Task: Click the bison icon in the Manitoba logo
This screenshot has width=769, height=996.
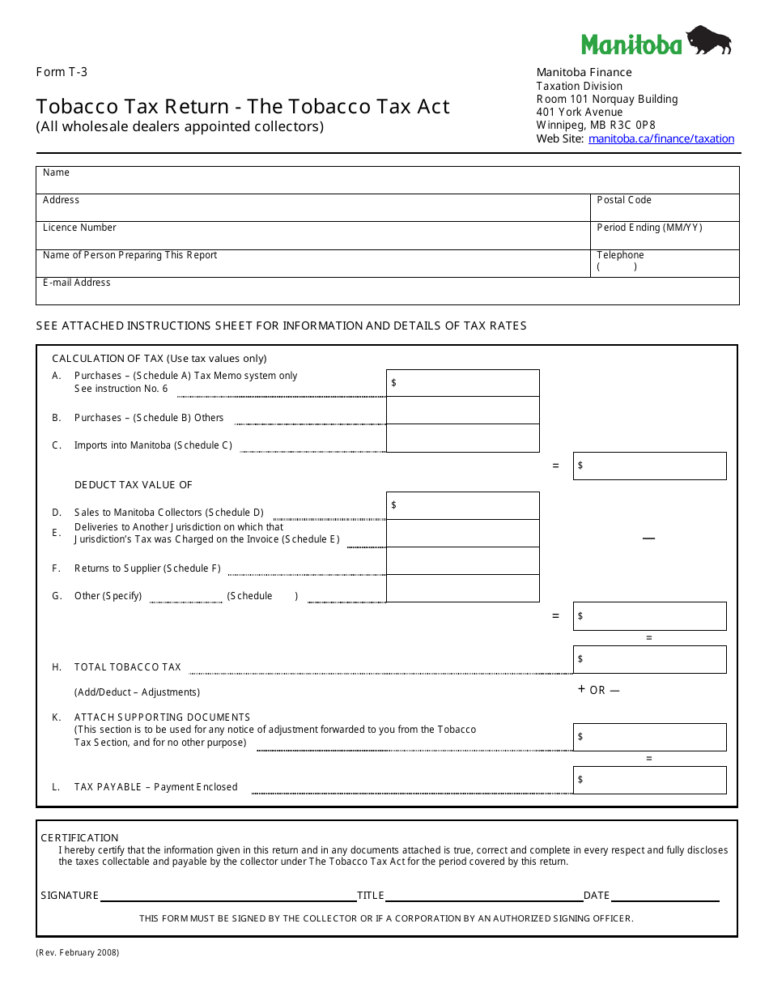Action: pyautogui.click(x=709, y=40)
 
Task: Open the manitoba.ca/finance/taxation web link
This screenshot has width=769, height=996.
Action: pyautogui.click(x=661, y=138)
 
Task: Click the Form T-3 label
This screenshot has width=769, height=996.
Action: pyautogui.click(x=62, y=72)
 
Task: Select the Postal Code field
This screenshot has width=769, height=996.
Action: pyautogui.click(x=665, y=208)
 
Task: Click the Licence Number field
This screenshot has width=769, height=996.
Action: pyautogui.click(x=313, y=236)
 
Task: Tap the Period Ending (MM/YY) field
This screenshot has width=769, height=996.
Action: pyautogui.click(x=665, y=236)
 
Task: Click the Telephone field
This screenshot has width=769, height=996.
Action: pyautogui.click(x=665, y=263)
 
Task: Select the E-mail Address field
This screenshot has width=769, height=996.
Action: pyautogui.click(x=387, y=291)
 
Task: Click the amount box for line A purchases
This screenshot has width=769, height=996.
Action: pyautogui.click(x=463, y=383)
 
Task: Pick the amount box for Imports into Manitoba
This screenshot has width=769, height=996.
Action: pyautogui.click(x=463, y=438)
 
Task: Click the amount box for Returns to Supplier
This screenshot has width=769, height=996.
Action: pyautogui.click(x=463, y=561)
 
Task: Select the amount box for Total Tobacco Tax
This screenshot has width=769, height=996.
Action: pyautogui.click(x=650, y=659)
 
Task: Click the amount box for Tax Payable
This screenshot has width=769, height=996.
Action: pyautogui.click(x=650, y=780)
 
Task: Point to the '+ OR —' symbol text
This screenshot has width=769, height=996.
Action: pyautogui.click(x=599, y=690)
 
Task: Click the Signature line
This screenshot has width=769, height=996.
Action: pyautogui.click(x=227, y=896)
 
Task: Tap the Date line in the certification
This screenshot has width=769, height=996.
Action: pyautogui.click(x=665, y=896)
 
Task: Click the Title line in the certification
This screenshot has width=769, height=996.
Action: pyautogui.click(x=483, y=896)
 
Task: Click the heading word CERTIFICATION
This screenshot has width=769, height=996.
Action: pyautogui.click(x=79, y=837)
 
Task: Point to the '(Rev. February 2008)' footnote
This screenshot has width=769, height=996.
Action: pyautogui.click(x=78, y=952)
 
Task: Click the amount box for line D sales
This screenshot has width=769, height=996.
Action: pyautogui.click(x=463, y=505)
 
